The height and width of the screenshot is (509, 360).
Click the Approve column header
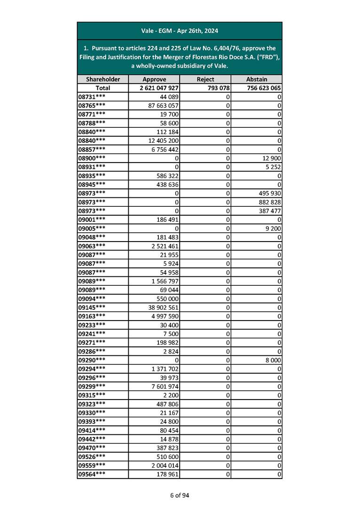(x=154, y=79)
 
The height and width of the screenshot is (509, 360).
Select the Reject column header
(x=206, y=79)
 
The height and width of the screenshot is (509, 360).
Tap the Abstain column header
(x=257, y=79)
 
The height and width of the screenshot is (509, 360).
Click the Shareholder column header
(x=102, y=79)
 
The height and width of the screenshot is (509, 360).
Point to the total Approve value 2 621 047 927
(x=158, y=88)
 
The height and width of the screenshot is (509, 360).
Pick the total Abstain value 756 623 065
(x=263, y=88)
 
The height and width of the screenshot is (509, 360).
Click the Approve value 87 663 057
(x=163, y=105)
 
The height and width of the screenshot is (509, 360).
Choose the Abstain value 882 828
(x=269, y=202)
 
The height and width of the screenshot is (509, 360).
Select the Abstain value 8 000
(x=273, y=360)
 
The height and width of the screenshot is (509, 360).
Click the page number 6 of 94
(x=180, y=495)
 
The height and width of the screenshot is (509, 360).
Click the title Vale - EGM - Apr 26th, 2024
(x=180, y=31)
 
